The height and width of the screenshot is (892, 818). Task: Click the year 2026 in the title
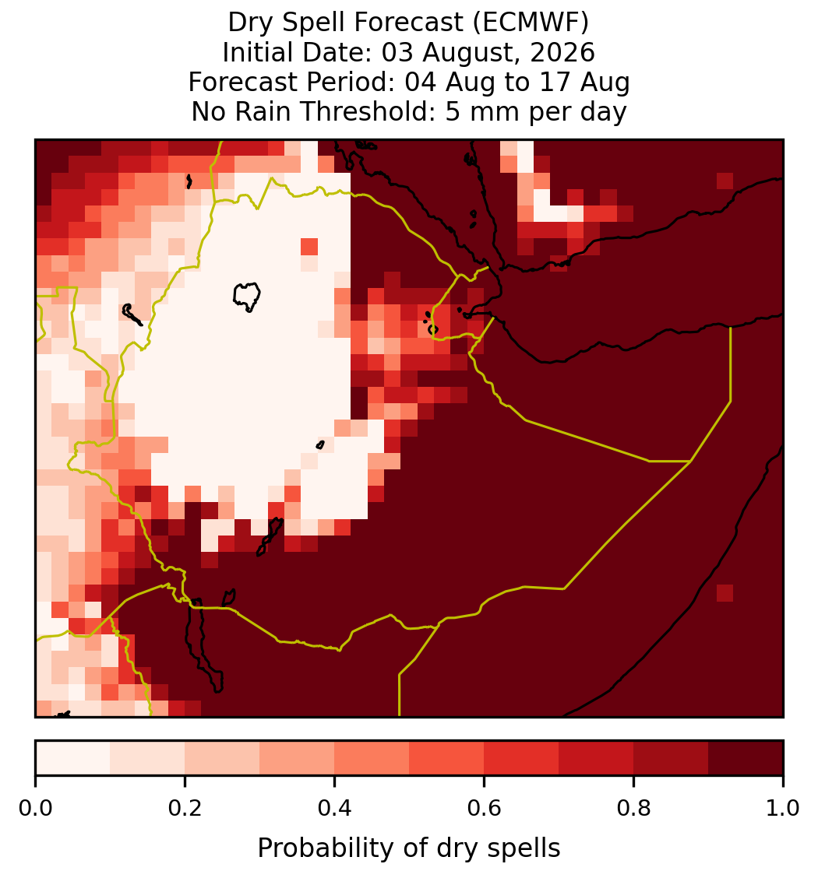pos(562,52)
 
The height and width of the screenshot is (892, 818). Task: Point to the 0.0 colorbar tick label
pos(35,808)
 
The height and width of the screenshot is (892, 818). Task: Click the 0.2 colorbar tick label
pos(185,808)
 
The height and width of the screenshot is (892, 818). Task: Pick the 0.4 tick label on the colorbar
pos(335,808)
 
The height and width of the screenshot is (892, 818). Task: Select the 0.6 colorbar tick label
pos(485,808)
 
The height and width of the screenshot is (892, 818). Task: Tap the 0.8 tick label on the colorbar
pos(634,808)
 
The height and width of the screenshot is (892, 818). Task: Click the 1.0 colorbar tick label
pos(783,808)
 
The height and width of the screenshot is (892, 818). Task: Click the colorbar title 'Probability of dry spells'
pos(409,848)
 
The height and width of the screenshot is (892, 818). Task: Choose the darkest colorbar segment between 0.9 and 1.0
pos(746,758)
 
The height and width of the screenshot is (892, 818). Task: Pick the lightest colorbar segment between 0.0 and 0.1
pos(73,758)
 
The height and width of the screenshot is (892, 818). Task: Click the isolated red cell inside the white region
pos(309,247)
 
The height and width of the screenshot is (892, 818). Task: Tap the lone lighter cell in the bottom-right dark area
pos(725,593)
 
